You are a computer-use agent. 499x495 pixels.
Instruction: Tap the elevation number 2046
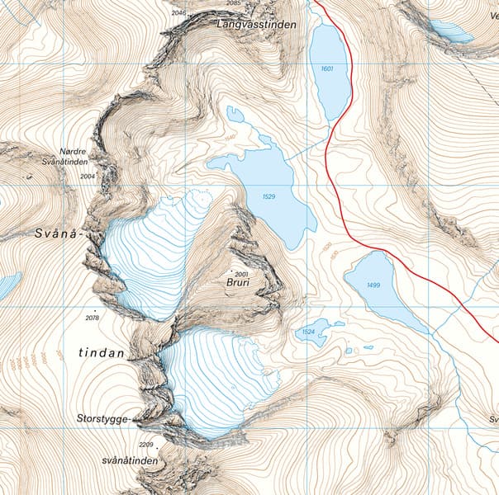[x=178, y=13]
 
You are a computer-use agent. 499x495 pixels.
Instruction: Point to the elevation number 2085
[x=234, y=3]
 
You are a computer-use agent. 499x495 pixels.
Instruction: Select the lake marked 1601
[x=329, y=70]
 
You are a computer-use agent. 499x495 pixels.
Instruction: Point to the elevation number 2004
[x=88, y=177]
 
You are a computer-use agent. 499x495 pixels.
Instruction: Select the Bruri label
[x=238, y=282]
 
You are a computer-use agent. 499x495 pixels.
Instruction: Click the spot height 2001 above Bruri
[x=241, y=273]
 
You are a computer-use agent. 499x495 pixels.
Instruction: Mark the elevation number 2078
[x=91, y=318]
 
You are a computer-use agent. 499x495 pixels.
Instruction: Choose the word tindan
[x=102, y=353]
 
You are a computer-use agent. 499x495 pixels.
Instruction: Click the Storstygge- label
[x=102, y=418]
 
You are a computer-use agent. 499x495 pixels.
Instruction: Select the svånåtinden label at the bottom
[x=129, y=460]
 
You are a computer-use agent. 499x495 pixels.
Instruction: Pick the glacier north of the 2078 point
[x=153, y=247]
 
